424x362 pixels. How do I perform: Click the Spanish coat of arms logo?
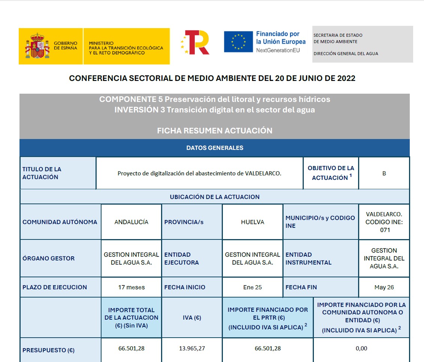tap(37, 46)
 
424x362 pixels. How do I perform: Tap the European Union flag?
tap(238, 42)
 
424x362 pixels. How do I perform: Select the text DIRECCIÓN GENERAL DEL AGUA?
tap(346, 54)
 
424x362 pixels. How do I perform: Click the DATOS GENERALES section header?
tap(215, 148)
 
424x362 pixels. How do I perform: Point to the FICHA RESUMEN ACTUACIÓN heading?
tap(215, 130)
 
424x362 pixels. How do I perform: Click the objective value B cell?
tap(384, 174)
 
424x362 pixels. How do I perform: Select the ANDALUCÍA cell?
tap(131, 222)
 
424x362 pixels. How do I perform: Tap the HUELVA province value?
tap(252, 222)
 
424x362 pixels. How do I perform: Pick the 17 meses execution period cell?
tap(131, 287)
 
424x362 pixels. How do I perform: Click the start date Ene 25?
tap(252, 287)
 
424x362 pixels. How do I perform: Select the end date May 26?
tap(384, 287)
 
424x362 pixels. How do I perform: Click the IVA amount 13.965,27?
tap(192, 348)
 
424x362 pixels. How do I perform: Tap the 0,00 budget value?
tap(361, 348)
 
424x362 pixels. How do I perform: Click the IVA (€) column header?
tap(192, 318)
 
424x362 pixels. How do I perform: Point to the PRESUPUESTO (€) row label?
tap(48, 350)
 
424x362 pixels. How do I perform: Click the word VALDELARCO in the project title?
tap(262, 174)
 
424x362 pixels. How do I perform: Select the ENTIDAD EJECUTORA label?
tap(182, 259)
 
